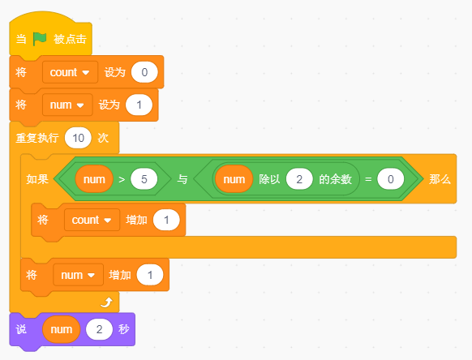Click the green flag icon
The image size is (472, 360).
pos(41,38)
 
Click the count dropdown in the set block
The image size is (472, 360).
pos(70,72)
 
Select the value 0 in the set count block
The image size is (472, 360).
pos(144,72)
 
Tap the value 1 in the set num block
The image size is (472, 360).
pos(139,105)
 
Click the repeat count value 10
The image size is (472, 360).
pos(78,137)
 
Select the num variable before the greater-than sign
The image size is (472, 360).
pos(93,179)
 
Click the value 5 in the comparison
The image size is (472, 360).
pos(144,179)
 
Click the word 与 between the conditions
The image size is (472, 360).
pos(182,179)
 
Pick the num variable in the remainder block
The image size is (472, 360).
pos(234,179)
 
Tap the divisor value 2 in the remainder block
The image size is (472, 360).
pos(299,179)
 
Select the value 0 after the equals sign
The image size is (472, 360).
pos(390,179)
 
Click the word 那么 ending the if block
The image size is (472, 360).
pos(440,179)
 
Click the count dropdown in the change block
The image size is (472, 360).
pos(92,220)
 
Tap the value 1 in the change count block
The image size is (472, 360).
pos(166,220)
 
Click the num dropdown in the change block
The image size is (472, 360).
pos(79,275)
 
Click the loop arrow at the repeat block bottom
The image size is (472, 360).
pos(105,302)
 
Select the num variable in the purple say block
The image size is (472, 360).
pos(61,330)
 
